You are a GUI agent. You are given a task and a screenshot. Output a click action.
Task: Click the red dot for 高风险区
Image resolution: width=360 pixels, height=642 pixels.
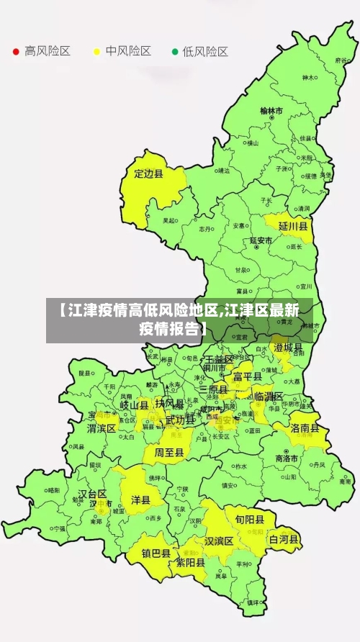coord(15,52)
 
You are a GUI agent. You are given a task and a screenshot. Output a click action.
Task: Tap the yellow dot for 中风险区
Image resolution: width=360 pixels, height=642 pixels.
coord(96,52)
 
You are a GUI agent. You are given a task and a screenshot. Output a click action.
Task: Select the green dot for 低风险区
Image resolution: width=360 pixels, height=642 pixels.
coord(174,52)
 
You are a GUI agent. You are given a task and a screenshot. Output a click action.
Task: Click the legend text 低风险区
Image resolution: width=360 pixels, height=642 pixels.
coord(205,52)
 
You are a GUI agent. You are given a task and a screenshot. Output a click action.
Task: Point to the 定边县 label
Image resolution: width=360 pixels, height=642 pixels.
coord(149,173)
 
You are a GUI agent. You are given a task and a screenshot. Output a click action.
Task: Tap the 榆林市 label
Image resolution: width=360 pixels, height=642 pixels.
coord(271,111)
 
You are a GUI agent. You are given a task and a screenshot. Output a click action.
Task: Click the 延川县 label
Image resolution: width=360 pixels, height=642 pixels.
coord(293,226)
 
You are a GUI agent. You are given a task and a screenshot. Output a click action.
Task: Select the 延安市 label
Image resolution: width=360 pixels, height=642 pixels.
coord(261,240)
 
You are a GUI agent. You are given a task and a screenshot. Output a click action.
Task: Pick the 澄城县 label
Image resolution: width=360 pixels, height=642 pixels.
coord(289,347)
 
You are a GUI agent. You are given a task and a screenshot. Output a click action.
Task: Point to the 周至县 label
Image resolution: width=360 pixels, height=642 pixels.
coord(169,453)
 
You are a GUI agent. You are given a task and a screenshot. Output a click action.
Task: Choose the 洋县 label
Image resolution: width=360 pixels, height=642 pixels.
coord(140,499)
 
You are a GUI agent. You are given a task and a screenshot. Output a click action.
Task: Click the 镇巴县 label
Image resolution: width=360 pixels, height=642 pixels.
coord(156,553)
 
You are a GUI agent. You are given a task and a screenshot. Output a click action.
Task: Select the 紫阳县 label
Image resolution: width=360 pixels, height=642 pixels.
coord(191,564)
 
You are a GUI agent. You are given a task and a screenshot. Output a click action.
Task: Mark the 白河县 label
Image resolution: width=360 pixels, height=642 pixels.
coord(284,538)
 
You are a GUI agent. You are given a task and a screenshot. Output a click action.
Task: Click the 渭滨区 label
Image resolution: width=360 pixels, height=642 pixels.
coord(102,428)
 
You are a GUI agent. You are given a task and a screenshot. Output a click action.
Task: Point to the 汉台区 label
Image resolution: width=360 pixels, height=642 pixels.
coord(92,494)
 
